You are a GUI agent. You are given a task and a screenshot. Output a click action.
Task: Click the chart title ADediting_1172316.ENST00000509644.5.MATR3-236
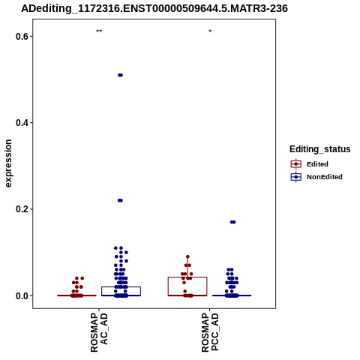tap(154, 8)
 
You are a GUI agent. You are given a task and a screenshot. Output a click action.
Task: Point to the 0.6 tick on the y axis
tap(21, 37)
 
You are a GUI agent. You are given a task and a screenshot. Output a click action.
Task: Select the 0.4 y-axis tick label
tap(21, 123)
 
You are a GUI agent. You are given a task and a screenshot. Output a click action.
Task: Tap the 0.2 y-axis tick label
tap(21, 209)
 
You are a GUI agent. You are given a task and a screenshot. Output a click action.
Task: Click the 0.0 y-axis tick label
tap(21, 295)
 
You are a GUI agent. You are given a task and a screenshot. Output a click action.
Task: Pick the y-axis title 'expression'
tap(8, 163)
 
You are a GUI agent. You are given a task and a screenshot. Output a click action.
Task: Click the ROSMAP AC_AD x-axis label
tap(99, 333)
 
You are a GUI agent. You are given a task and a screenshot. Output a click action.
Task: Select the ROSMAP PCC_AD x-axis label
tap(210, 333)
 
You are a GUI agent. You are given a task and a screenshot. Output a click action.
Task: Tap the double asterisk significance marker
tap(99, 31)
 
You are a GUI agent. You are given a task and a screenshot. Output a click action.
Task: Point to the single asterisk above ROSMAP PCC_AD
tap(210, 31)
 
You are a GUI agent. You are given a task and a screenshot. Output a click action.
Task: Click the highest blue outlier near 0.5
tap(120, 75)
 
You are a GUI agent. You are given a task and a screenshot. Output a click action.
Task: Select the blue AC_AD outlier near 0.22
tap(120, 200)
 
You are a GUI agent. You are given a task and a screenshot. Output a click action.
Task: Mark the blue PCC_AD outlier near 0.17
tap(233, 222)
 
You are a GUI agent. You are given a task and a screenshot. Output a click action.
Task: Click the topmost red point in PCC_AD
tap(187, 256)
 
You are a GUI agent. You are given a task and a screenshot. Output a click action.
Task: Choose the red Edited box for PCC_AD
tap(187, 277)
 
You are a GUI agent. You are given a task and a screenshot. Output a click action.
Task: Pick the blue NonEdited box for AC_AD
tap(121, 287)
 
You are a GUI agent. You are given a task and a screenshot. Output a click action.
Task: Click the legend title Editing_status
tap(320, 149)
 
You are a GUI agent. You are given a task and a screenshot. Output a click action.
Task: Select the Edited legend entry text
tap(317, 164)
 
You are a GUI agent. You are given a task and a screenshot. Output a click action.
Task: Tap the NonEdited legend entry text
tap(325, 177)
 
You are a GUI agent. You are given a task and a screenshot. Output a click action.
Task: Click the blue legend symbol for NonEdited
tap(296, 177)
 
